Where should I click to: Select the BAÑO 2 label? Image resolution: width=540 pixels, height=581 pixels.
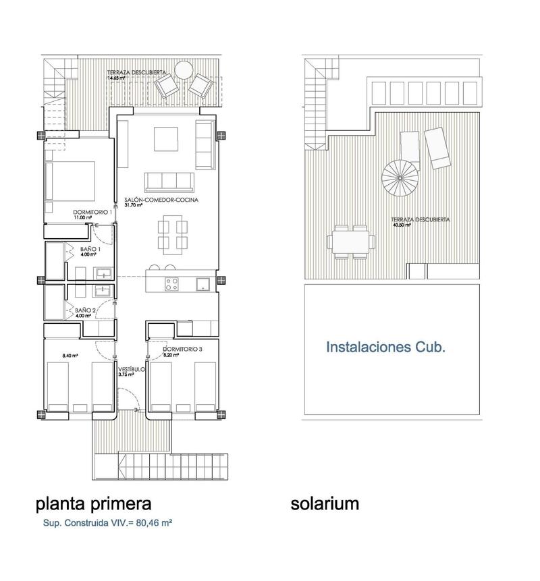(x=81, y=310)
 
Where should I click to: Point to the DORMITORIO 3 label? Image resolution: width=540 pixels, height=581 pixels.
(x=183, y=350)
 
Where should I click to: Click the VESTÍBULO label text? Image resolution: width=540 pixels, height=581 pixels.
(x=131, y=370)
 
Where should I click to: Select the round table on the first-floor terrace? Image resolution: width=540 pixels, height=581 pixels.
(x=183, y=70)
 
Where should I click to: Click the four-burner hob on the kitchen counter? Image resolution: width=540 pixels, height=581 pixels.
(x=171, y=284)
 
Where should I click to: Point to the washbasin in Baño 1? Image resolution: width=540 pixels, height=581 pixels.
(x=103, y=273)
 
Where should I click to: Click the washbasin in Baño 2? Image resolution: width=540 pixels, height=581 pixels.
(x=103, y=290)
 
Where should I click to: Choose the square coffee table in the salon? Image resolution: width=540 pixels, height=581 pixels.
(x=166, y=139)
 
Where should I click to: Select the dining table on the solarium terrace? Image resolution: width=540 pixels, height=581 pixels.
(x=351, y=241)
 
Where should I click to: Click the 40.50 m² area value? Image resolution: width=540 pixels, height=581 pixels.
(x=403, y=225)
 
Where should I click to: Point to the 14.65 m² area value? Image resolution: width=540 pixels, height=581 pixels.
(x=117, y=78)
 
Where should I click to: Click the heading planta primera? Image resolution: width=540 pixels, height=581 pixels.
(x=93, y=503)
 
